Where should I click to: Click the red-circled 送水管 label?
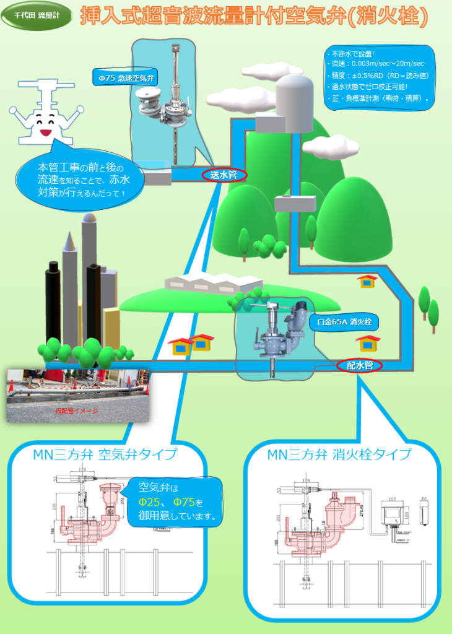[224, 175]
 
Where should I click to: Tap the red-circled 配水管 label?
[360, 365]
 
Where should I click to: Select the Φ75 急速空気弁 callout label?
[126, 79]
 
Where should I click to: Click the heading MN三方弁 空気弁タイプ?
[105, 455]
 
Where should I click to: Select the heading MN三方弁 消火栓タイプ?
[339, 455]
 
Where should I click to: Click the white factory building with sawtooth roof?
[214, 283]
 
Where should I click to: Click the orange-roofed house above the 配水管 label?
[368, 342]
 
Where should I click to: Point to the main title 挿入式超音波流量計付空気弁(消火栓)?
[254, 18]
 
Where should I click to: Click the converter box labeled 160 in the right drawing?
[391, 513]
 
